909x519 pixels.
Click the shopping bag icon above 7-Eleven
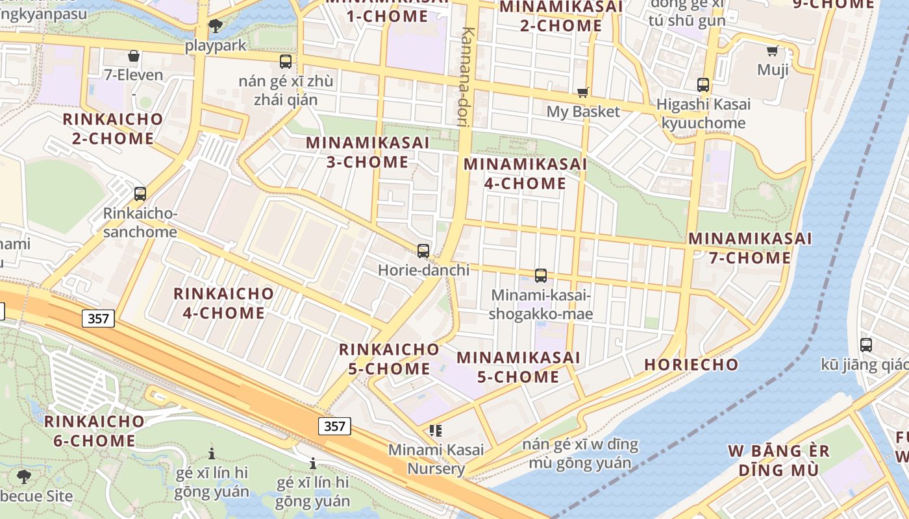(x=134, y=56)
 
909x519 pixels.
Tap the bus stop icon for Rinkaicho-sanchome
(x=140, y=193)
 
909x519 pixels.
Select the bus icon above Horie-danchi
(x=423, y=250)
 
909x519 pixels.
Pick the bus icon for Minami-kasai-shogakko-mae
(x=541, y=276)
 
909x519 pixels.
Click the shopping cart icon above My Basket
(x=583, y=92)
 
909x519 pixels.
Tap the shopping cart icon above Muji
(x=773, y=51)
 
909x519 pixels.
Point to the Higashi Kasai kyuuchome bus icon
(x=703, y=85)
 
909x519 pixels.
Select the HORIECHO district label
(x=691, y=365)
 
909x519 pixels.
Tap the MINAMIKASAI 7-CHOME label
(x=750, y=248)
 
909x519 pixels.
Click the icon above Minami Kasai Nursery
(x=436, y=430)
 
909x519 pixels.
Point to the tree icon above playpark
(x=216, y=26)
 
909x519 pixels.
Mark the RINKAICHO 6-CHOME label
(x=94, y=431)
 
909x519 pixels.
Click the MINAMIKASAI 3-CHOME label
(x=367, y=152)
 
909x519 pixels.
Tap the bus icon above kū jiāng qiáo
(x=865, y=345)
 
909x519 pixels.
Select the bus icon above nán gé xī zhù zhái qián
(x=286, y=62)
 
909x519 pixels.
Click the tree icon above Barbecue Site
(x=23, y=477)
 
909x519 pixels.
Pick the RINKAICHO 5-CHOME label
(x=389, y=359)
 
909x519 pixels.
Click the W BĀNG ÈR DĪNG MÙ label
(x=778, y=460)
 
